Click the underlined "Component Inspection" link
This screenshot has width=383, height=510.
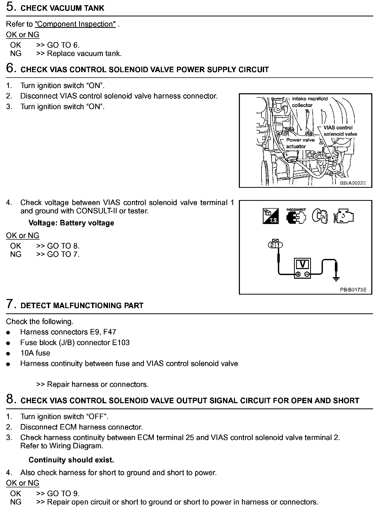click(75, 24)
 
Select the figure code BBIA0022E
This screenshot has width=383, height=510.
click(353, 183)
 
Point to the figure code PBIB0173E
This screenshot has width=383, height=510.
click(353, 290)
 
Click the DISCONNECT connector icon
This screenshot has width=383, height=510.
click(296, 216)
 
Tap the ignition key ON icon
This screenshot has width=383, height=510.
click(320, 216)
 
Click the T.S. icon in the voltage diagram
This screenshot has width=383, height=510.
click(271, 216)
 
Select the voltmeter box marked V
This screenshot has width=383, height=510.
click(302, 268)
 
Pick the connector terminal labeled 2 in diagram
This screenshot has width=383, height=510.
click(272, 245)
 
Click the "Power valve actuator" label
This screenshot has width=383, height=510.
click(300, 143)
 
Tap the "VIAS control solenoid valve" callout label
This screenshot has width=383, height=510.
click(340, 131)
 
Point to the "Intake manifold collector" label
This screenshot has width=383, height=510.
click(310, 102)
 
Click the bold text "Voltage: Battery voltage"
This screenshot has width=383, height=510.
click(71, 223)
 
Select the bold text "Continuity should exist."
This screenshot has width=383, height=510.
click(71, 460)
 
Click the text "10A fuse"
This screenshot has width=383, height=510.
click(35, 353)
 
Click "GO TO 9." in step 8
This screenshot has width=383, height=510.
click(63, 494)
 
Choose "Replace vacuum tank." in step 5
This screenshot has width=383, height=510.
click(84, 54)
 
